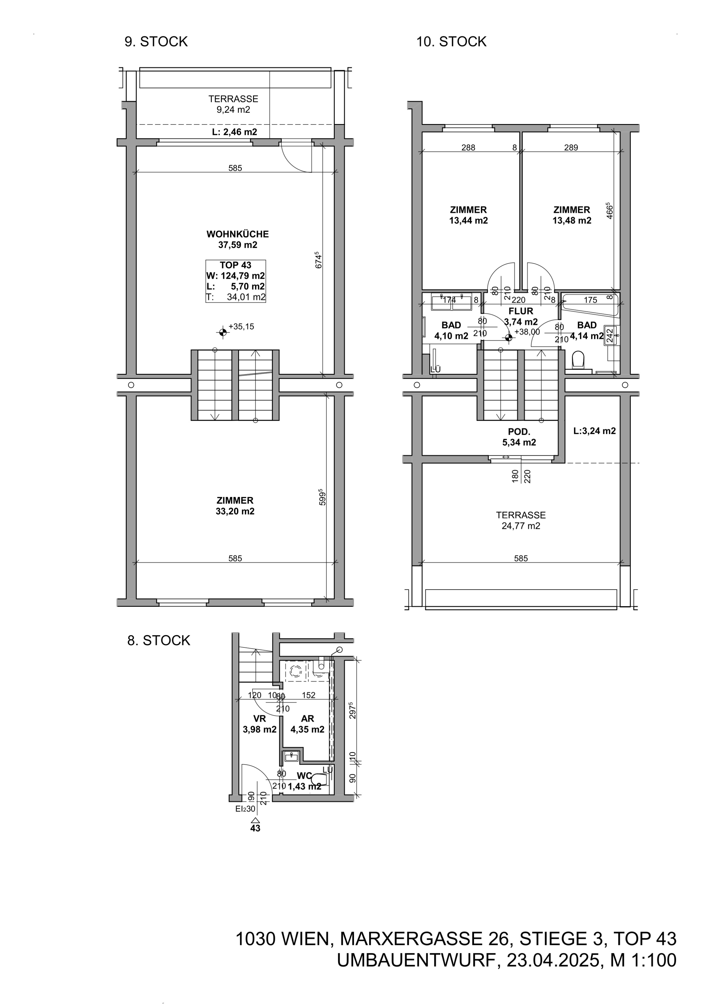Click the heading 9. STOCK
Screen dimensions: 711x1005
pos(156,42)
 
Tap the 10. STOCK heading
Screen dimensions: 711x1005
pos(451,42)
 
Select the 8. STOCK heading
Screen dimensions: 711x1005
pos(159,640)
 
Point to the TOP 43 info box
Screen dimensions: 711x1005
pos(236,281)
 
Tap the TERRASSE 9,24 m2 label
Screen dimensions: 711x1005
pos(233,104)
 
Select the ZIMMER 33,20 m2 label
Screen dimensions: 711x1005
pos(235,506)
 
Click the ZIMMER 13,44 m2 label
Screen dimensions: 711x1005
pos(469,215)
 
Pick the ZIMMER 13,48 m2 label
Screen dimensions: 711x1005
pos(572,215)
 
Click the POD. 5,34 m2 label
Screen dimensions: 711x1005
pos(519,437)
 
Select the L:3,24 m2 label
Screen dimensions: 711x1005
pos(595,431)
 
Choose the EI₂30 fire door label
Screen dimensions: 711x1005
pos(245,809)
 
